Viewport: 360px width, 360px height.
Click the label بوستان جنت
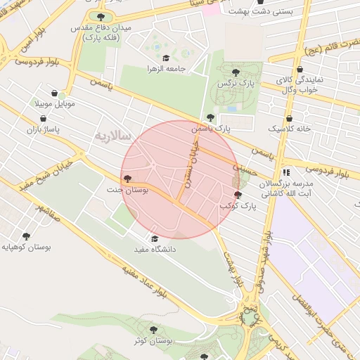124,190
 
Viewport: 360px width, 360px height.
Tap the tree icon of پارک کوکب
237,195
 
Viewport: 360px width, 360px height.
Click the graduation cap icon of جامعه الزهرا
166,58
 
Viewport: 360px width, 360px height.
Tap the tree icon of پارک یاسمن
210,117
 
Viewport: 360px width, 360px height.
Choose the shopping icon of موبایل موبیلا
55,93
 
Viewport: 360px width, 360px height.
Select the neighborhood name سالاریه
109,134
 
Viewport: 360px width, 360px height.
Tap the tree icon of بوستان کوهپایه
27,236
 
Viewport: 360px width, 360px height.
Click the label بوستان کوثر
155,340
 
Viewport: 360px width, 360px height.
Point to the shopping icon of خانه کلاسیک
290,119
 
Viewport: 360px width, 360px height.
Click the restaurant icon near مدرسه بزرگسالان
285,172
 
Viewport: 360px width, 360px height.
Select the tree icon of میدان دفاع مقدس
101,16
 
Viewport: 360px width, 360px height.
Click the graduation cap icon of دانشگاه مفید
155,238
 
